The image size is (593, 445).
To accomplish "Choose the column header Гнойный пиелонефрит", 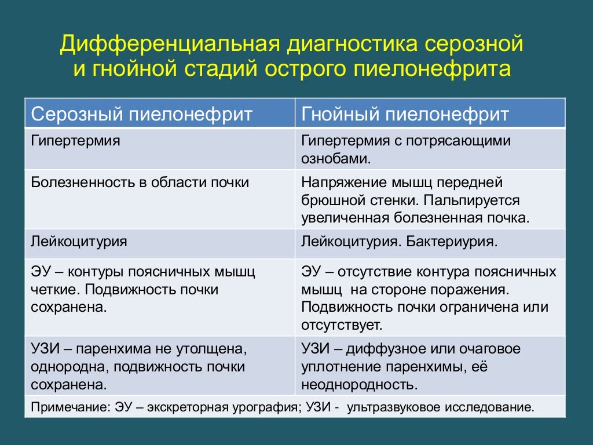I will tap(405, 114).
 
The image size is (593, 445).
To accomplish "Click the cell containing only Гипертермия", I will tap(75, 141).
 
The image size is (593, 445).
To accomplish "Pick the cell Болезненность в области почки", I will tap(140, 183).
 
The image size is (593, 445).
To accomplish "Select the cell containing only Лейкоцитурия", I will tap(79, 241).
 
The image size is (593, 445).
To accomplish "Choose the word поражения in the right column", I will tap(471, 289).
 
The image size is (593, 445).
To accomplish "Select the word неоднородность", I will tap(358, 384).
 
